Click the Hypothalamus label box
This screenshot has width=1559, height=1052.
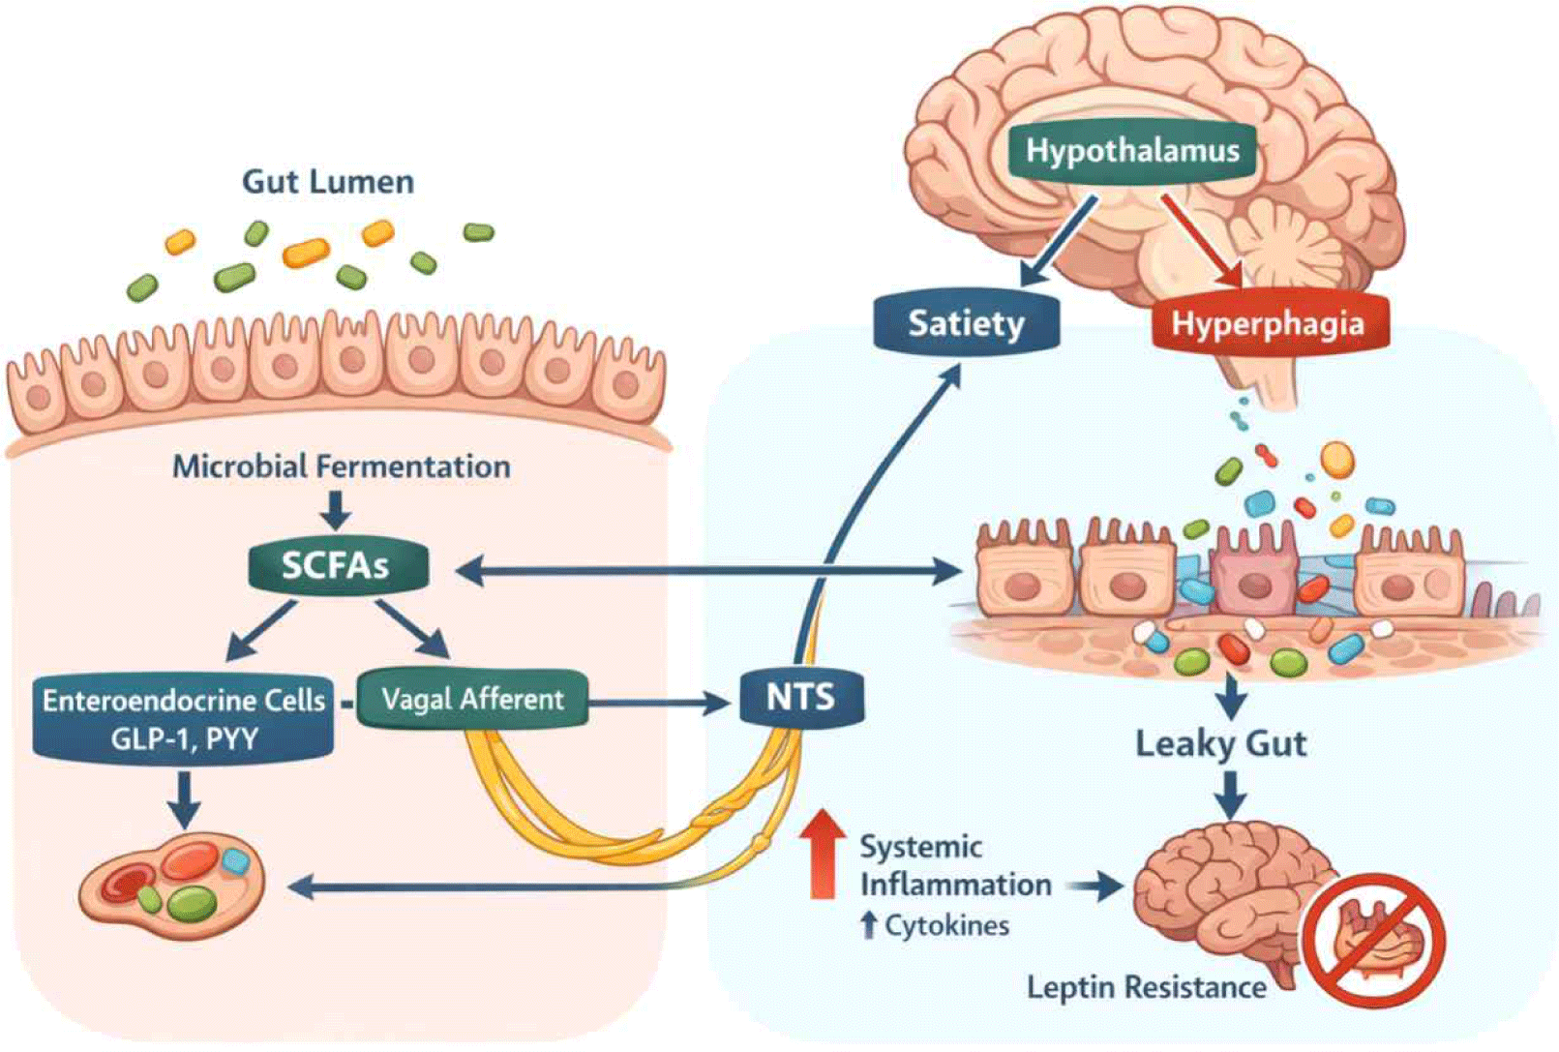tap(1131, 150)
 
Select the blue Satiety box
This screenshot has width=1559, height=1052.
tap(966, 323)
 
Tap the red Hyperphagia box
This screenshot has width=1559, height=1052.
tap(1268, 323)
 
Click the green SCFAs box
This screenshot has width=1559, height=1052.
tap(337, 565)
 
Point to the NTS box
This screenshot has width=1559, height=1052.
tap(800, 697)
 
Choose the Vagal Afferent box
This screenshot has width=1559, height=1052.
tap(472, 699)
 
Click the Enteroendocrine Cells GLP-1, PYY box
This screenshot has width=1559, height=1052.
tap(184, 719)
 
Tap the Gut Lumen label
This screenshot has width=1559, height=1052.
tap(328, 181)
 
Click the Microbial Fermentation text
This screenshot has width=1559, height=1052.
tap(341, 466)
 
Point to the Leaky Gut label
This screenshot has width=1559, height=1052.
tap(1220, 743)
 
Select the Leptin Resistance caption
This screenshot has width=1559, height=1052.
tap(1146, 987)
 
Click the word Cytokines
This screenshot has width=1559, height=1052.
tap(946, 926)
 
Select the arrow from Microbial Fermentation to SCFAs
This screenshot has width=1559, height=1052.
tap(335, 509)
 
